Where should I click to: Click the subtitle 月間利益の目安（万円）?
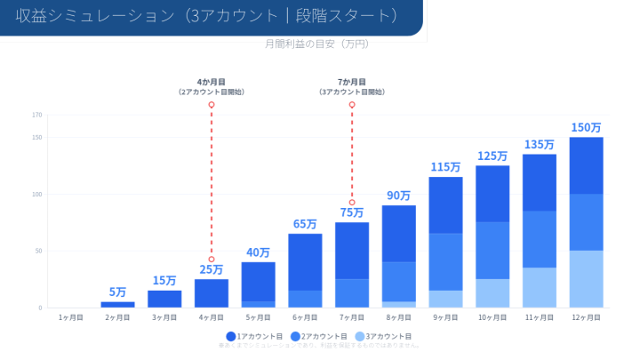[x=316, y=44]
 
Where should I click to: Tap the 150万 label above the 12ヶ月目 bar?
[x=586, y=127]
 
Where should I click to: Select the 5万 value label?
[x=117, y=292]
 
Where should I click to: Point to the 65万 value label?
[x=305, y=224]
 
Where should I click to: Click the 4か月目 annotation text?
[x=212, y=82]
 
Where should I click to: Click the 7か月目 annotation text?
[x=352, y=82]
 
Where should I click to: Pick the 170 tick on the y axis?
[x=36, y=115]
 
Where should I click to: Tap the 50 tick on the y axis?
[x=38, y=251]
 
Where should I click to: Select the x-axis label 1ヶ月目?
[x=71, y=316]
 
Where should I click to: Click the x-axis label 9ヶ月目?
[x=445, y=316]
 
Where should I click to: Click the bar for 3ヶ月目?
[x=164, y=299]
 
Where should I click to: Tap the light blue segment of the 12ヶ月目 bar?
[x=586, y=279]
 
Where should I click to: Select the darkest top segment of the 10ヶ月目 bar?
[x=492, y=193]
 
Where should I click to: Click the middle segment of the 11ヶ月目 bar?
[x=540, y=239]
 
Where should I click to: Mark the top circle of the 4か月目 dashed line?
[x=212, y=105]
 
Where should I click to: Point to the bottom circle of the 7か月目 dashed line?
[x=352, y=203]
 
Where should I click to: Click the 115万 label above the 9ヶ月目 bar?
[x=445, y=166]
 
